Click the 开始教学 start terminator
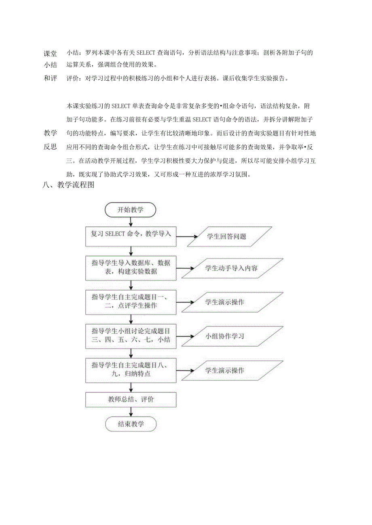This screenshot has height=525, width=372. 130,210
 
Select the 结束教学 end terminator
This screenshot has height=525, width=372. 130,424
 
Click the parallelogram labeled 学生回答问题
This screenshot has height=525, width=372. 226,236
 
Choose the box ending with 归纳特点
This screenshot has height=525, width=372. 131,370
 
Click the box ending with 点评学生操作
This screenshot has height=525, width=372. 131,302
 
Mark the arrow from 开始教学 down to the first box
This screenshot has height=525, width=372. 130,222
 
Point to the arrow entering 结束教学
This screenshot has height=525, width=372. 130,412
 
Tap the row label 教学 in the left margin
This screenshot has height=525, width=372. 51,133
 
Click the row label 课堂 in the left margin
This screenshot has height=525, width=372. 51,53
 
